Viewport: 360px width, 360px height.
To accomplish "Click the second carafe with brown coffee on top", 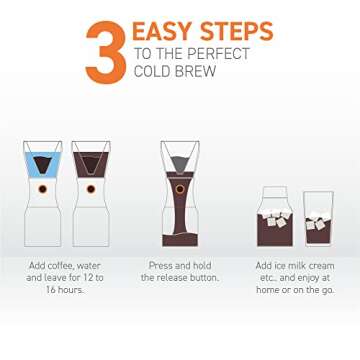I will [93, 185].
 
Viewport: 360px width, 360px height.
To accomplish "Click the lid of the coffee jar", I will [274, 190].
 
